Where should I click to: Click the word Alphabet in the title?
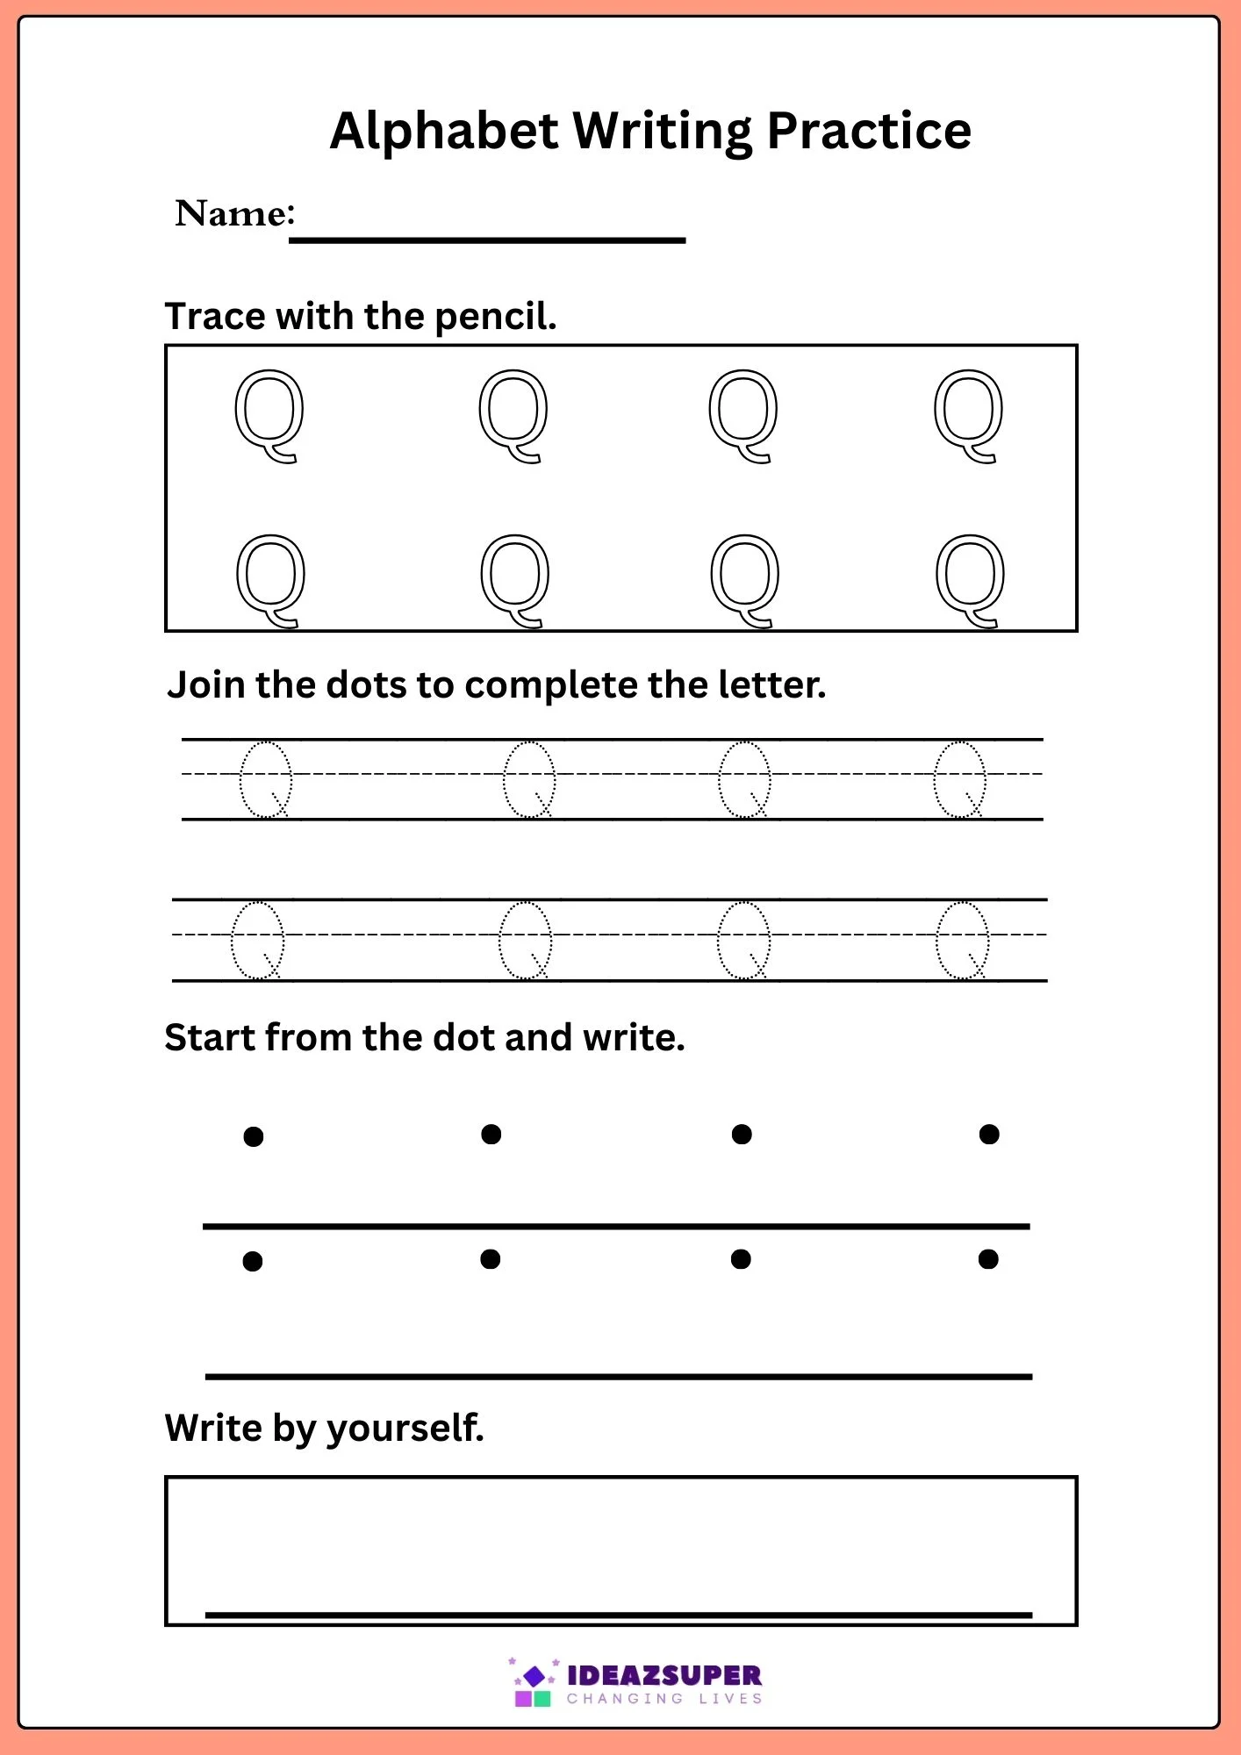pos(444,131)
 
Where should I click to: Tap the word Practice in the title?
pos(869,131)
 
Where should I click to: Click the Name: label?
pos(235,213)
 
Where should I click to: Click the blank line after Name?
pos(487,240)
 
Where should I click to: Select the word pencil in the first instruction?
pos(496,317)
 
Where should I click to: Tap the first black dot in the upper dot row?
pos(254,1136)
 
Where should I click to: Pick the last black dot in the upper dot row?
pos(989,1135)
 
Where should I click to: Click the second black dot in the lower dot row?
pos(491,1259)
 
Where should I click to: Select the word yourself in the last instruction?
pos(405,1429)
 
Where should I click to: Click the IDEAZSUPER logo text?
pos(664,1675)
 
